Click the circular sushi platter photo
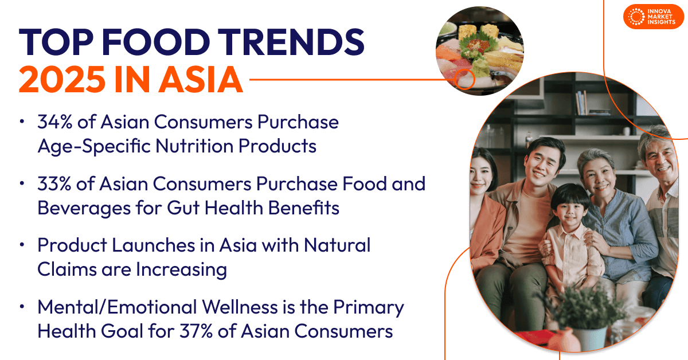coord(479,50)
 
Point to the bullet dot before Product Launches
coord(22,245)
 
